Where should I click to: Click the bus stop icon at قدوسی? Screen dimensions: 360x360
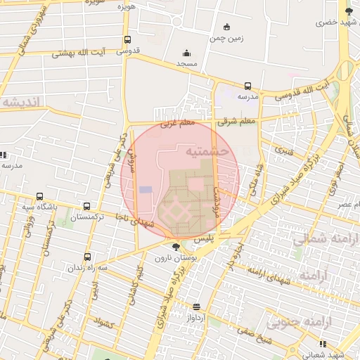coord(127,40)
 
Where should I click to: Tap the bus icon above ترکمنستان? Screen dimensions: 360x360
coord(86,207)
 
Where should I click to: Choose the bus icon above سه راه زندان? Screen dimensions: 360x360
coord(87,257)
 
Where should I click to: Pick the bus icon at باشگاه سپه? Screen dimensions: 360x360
coord(39,197)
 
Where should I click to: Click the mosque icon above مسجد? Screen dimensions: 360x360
coord(186,53)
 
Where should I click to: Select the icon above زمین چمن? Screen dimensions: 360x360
coord(226,27)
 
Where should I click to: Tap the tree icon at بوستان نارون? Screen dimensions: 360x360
coord(176,247)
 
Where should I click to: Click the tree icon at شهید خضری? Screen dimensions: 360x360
coord(349,11)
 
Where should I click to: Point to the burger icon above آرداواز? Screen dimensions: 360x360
coord(196,307)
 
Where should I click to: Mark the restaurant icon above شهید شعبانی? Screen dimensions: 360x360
coord(323,344)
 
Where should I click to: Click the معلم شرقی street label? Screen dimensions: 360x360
coord(238,121)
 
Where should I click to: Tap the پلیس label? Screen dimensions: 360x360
coord(203,240)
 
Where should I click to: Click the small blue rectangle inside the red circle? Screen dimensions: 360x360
coord(146,190)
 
